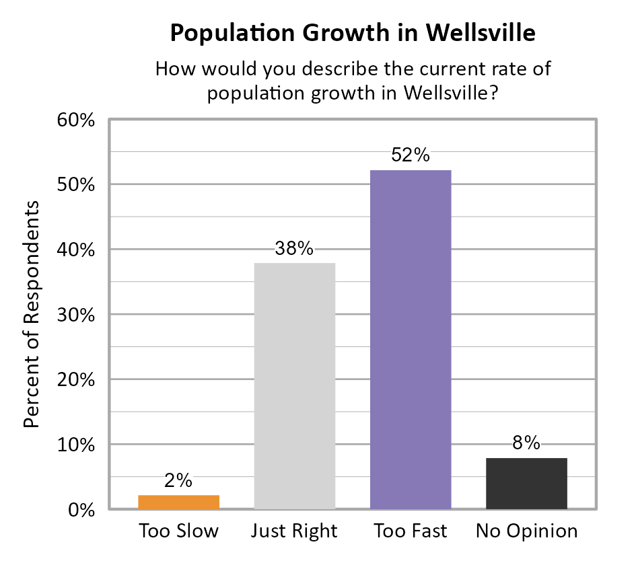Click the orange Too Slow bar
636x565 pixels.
tap(178, 502)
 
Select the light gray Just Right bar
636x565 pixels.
tap(295, 385)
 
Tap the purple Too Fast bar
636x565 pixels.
tap(411, 340)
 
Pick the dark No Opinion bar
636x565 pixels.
tap(526, 483)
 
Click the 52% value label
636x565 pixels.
tap(411, 155)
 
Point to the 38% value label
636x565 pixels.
tap(295, 248)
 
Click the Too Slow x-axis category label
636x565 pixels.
tap(178, 531)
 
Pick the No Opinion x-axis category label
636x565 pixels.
tap(526, 531)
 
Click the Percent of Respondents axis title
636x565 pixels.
tap(32, 314)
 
